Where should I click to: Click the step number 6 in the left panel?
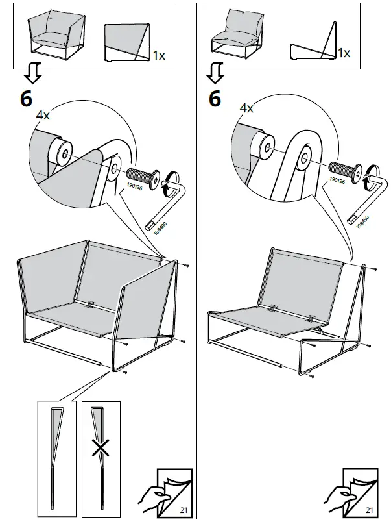tap(25, 99)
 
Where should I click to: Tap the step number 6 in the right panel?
tap(215, 99)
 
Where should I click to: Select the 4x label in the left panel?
tap(43, 115)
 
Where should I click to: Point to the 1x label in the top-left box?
tap(159, 56)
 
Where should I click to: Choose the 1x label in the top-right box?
tap(345, 53)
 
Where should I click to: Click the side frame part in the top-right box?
tap(314, 44)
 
